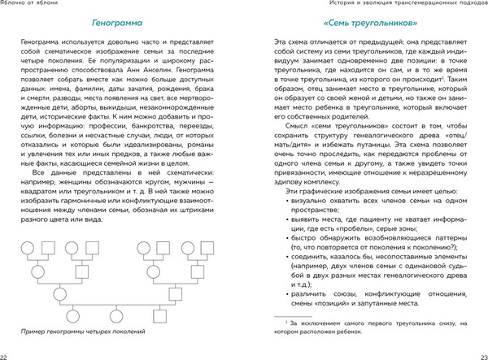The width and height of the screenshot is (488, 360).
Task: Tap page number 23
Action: coord(481,355)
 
